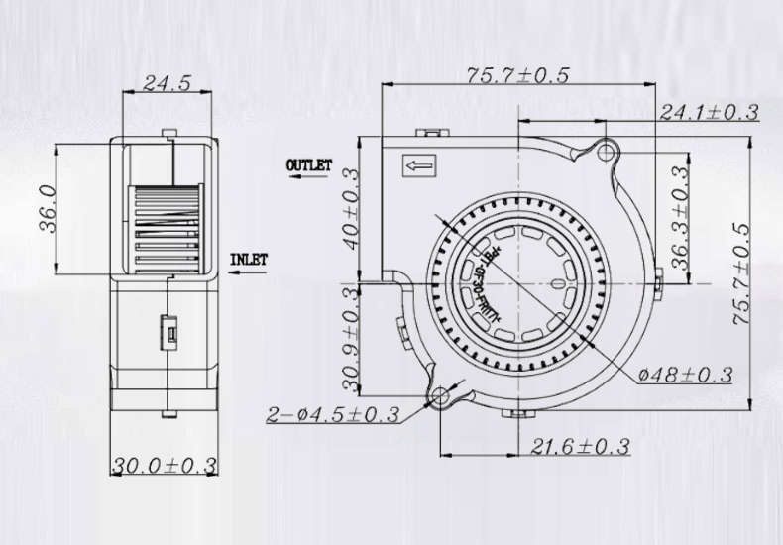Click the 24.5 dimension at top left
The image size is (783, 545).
point(166,84)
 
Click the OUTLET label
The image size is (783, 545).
point(309,165)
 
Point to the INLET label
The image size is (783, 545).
point(249,261)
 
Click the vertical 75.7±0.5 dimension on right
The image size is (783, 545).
point(742,265)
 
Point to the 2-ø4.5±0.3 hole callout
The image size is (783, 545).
point(332,415)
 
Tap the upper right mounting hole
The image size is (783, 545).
point(607,150)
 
